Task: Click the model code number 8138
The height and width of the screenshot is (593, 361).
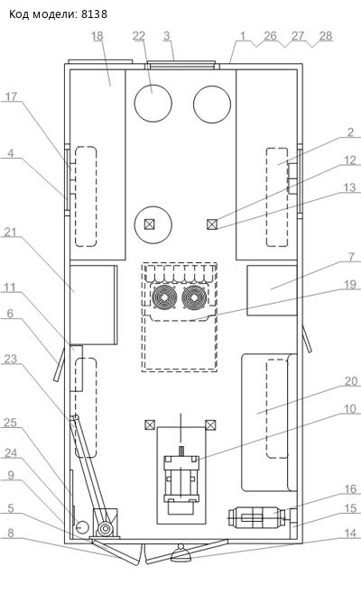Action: click(x=95, y=14)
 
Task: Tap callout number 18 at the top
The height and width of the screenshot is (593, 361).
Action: click(x=97, y=36)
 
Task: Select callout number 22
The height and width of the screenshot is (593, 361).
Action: click(x=139, y=36)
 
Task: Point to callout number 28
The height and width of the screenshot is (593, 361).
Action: click(x=326, y=36)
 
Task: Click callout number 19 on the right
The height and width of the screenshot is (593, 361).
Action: click(x=350, y=284)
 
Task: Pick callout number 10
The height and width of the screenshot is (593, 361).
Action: click(x=350, y=408)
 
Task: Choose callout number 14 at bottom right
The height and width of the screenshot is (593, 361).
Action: click(x=350, y=533)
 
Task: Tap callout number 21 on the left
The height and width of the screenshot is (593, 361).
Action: click(x=10, y=233)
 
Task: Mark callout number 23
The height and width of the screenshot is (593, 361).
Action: click(x=10, y=359)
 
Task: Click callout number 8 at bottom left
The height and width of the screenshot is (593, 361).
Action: click(x=11, y=533)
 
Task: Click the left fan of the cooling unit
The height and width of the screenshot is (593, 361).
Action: click(x=165, y=296)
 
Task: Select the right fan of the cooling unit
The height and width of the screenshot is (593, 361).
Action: click(x=194, y=296)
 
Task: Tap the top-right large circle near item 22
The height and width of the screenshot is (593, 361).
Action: click(x=212, y=104)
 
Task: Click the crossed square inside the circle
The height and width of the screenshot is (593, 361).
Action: click(x=150, y=224)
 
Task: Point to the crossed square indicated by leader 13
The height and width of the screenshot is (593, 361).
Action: click(x=212, y=224)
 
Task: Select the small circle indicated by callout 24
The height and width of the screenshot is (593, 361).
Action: click(x=82, y=526)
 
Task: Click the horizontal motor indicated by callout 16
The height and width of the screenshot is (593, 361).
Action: click(x=256, y=517)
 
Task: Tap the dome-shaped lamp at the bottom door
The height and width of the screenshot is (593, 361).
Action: click(x=181, y=554)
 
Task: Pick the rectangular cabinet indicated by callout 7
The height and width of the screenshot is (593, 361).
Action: click(x=272, y=290)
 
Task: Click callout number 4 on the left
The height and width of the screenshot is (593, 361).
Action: click(x=11, y=153)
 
